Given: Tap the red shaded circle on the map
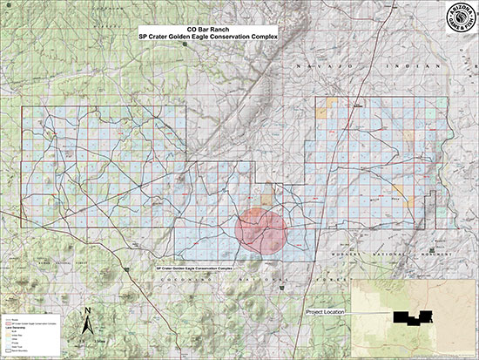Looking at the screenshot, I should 261,228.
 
